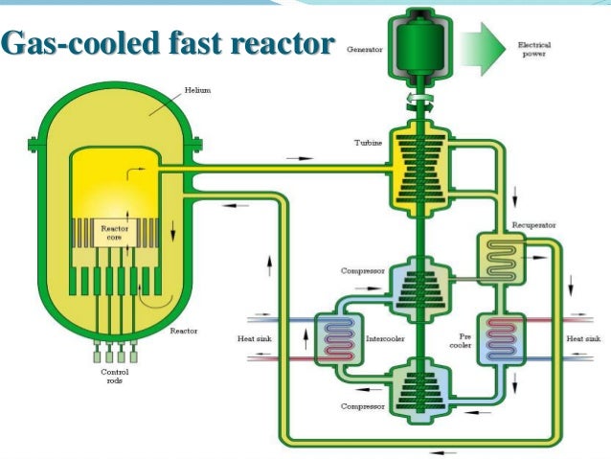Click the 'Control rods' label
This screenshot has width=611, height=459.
[114, 376]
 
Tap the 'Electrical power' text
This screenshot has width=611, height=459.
[533, 48]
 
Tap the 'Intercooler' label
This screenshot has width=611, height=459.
[383, 338]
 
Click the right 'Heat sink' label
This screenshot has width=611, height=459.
[582, 338]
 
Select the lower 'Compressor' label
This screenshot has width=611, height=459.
[362, 406]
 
